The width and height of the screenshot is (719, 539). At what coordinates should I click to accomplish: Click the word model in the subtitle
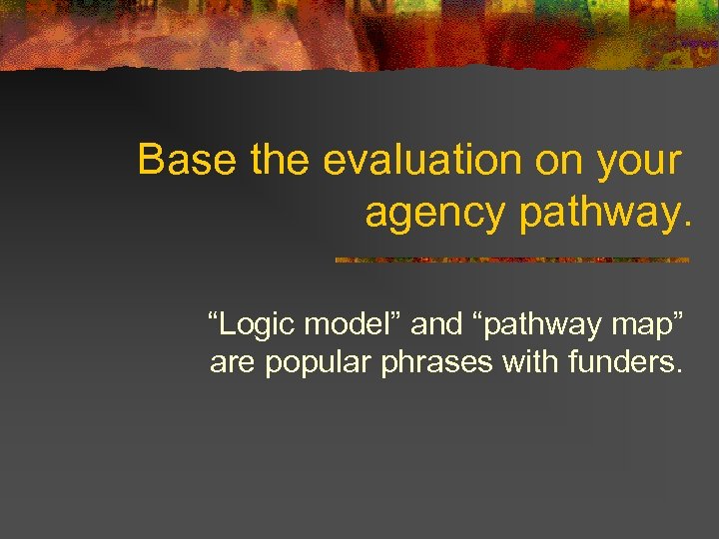point(340,323)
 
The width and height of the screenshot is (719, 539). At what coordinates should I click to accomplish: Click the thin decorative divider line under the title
point(511,260)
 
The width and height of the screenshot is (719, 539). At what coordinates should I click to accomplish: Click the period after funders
point(680,372)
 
